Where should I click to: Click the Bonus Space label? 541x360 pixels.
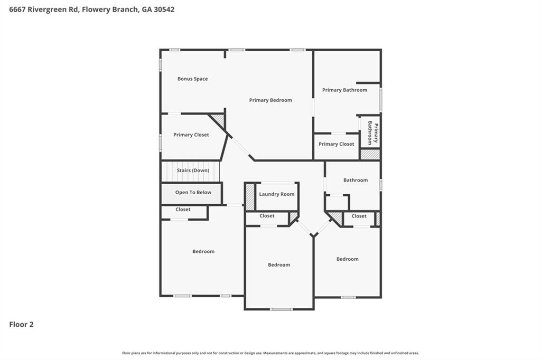tap(192, 79)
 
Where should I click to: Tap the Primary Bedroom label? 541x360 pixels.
tap(270, 100)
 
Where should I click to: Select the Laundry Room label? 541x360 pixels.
tap(276, 194)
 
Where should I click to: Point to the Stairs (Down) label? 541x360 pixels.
tap(193, 170)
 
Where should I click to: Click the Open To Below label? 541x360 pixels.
tap(193, 193)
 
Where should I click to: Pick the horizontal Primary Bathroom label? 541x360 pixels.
tap(344, 90)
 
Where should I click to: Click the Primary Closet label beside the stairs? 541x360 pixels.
tap(191, 135)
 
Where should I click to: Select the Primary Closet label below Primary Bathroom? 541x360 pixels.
tap(336, 144)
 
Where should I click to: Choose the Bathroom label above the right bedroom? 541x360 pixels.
tap(355, 181)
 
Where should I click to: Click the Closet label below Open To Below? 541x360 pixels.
tap(183, 210)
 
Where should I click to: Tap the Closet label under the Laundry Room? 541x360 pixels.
tap(267, 216)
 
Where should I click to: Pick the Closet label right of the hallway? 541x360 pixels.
tap(359, 216)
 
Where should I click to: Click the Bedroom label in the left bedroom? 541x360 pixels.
tap(203, 252)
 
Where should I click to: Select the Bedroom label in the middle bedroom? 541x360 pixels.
tap(278, 265)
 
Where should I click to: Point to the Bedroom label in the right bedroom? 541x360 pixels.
tap(347, 259)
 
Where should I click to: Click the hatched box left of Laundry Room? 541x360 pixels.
tap(250, 196)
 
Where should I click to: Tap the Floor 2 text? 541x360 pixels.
tap(21, 325)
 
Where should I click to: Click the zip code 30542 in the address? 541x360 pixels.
tap(163, 10)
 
